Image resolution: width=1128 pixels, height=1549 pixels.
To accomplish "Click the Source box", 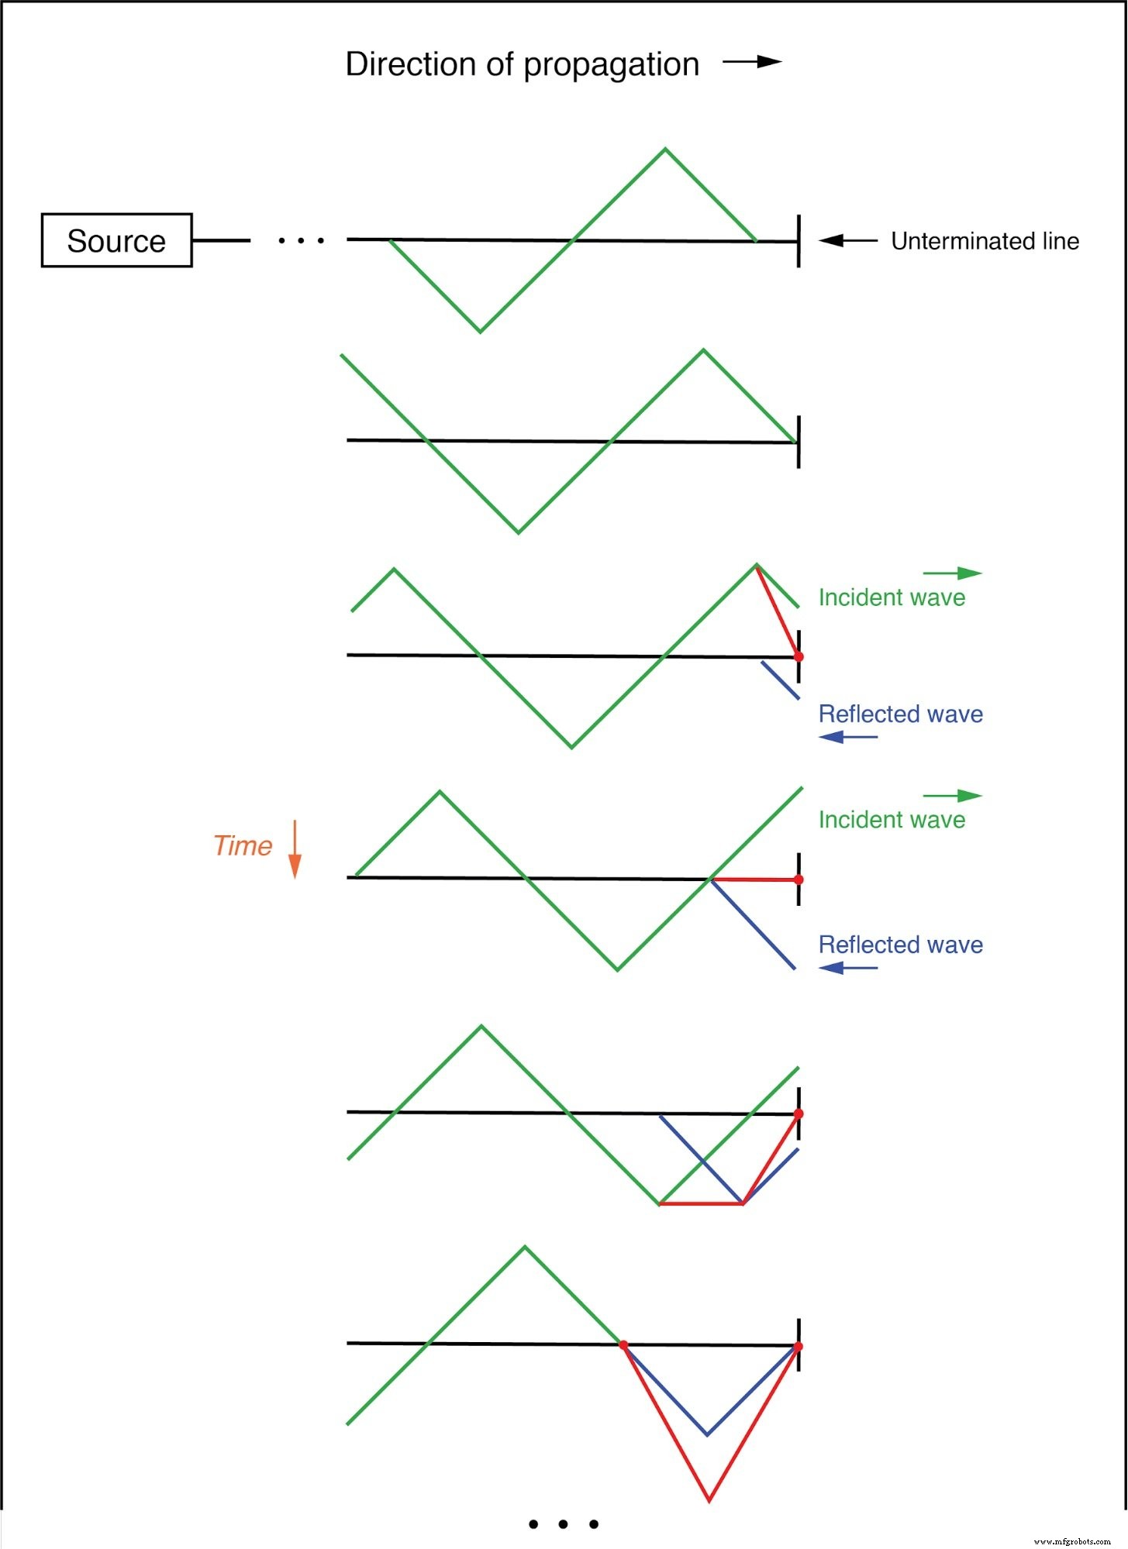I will [x=116, y=240].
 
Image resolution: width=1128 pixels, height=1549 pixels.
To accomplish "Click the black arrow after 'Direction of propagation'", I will [x=752, y=62].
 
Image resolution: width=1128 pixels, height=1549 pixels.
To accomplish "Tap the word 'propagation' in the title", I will [x=611, y=66].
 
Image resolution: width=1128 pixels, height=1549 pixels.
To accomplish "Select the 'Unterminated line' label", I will [x=985, y=241].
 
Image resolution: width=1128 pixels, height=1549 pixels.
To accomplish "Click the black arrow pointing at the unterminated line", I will [x=847, y=240].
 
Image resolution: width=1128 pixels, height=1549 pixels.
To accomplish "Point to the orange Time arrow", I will [x=295, y=849].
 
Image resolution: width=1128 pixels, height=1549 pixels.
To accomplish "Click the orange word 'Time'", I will [x=243, y=845].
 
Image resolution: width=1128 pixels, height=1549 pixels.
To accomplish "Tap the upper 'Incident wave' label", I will [x=892, y=597].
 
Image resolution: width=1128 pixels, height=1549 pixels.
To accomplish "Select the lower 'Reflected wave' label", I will [x=900, y=945].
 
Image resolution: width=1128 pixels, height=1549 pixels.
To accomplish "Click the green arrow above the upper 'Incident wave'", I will [x=952, y=573].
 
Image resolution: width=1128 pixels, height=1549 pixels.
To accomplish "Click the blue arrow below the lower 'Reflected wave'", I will [x=847, y=967].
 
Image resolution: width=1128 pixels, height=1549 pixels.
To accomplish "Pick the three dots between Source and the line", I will [x=302, y=241].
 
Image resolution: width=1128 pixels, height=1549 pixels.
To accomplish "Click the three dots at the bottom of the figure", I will [x=563, y=1524].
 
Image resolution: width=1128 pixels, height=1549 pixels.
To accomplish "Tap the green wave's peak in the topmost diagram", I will [x=665, y=149].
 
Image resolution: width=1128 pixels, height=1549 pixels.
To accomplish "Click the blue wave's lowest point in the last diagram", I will [x=707, y=1434].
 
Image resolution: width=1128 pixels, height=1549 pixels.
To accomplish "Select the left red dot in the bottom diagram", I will [x=623, y=1345].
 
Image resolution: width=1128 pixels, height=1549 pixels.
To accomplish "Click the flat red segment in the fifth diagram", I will [x=701, y=1204].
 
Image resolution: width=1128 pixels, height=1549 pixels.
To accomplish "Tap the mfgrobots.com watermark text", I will [x=1072, y=1541].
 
